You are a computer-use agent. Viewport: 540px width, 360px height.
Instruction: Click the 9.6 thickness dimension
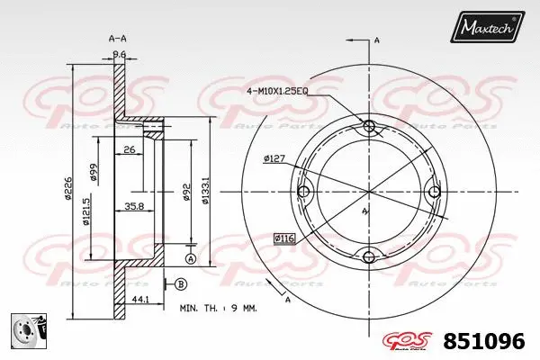click(118, 54)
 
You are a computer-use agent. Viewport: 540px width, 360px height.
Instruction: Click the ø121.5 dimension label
click(85, 213)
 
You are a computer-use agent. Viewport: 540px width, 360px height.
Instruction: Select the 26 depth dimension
click(130, 149)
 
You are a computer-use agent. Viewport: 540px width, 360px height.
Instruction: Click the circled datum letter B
click(181, 284)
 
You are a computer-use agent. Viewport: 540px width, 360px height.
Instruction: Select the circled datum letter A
click(190, 259)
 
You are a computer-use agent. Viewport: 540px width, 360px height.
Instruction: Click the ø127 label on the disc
click(274, 159)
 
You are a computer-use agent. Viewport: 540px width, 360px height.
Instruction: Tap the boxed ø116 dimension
click(285, 238)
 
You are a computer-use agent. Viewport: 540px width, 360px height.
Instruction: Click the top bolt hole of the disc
click(369, 126)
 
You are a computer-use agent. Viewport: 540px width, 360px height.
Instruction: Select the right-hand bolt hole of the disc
click(435, 192)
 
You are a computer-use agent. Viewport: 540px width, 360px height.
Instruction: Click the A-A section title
click(118, 39)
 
